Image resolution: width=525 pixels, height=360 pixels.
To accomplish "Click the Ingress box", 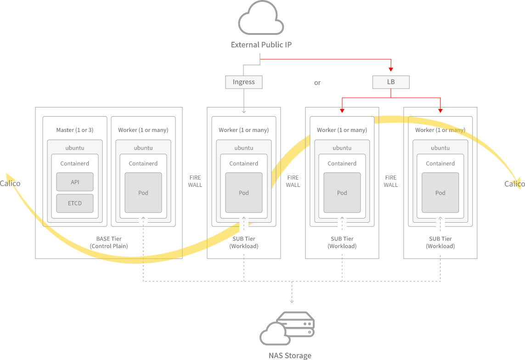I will (243, 82).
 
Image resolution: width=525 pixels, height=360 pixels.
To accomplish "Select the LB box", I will (390, 82).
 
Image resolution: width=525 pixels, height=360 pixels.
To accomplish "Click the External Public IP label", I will (261, 45).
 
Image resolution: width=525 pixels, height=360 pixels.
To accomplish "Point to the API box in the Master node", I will (75, 182).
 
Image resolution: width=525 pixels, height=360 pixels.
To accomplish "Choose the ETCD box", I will (75, 203).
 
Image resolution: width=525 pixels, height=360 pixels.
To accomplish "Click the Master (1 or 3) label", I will (74, 130).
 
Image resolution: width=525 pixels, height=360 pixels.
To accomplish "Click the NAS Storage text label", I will (290, 355).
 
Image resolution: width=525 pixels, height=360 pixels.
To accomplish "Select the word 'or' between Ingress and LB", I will (317, 83).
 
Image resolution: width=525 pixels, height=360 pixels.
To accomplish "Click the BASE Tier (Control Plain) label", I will (109, 242).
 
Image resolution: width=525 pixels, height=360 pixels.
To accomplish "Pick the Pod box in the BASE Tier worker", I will (143, 192).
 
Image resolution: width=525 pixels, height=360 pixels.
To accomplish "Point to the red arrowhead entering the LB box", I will (390, 69).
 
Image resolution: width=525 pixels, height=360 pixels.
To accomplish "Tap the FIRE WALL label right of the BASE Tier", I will (195, 181).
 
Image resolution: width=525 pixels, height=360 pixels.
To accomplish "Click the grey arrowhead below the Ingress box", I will (243, 111).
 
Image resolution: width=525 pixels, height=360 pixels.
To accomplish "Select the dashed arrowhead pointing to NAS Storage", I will (292, 301).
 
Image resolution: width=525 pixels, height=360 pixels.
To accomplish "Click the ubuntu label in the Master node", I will (75, 148).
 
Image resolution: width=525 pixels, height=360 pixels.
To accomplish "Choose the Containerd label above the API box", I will (75, 163).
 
